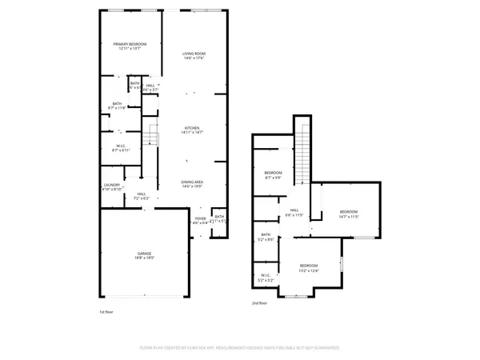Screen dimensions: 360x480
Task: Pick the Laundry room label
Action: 112,187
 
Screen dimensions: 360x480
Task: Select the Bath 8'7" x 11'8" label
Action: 117,105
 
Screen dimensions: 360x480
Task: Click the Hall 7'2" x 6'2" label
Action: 141,195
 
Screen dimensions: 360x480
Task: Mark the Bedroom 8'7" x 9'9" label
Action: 274,174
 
